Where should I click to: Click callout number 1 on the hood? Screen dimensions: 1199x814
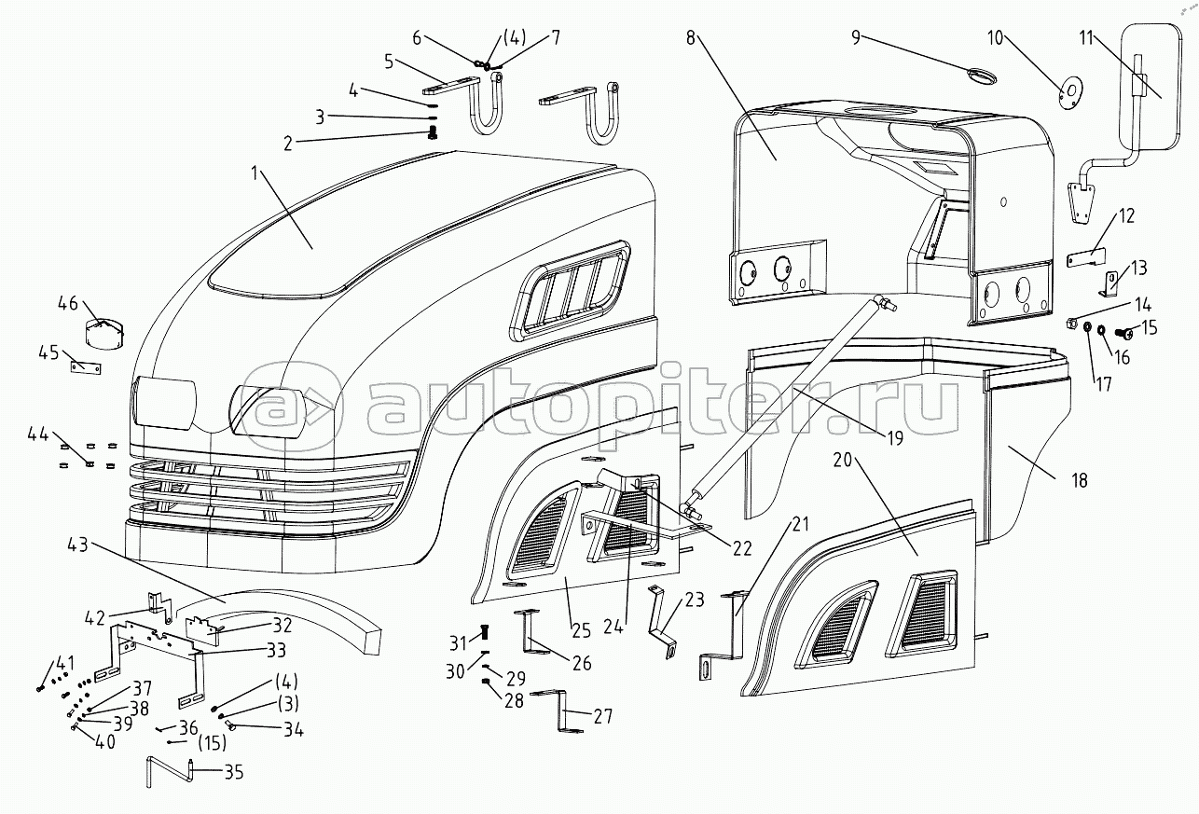[x=255, y=173]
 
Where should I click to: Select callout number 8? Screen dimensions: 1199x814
[x=691, y=38]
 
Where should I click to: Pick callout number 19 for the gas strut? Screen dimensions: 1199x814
[x=895, y=438]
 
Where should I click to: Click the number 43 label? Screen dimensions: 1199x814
[x=78, y=546]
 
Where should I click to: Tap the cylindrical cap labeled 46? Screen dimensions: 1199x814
[x=105, y=334]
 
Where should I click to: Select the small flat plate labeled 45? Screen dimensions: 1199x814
[x=86, y=367]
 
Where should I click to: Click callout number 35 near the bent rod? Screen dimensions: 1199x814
[x=233, y=772]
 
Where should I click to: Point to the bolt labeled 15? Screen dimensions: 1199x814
[x=1124, y=334]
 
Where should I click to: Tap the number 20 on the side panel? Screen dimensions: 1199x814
[x=842, y=459]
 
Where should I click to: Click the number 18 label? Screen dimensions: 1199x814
[x=1081, y=480]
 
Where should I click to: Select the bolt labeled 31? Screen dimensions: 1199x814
[x=485, y=632]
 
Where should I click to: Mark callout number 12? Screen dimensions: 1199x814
[x=1126, y=216]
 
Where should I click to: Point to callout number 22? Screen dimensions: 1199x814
[x=742, y=548]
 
